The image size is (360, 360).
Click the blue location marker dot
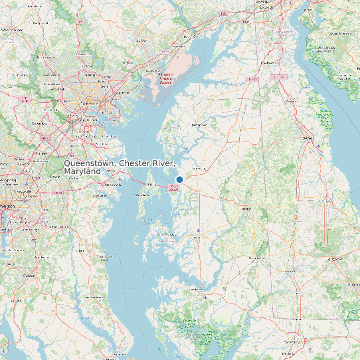click(x=179, y=179)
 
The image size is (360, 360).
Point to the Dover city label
click(x=308, y=137)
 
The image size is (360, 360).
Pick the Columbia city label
click(x=40, y=123)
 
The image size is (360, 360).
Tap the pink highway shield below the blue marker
click(x=175, y=189)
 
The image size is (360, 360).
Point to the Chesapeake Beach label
click(x=105, y=256)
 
